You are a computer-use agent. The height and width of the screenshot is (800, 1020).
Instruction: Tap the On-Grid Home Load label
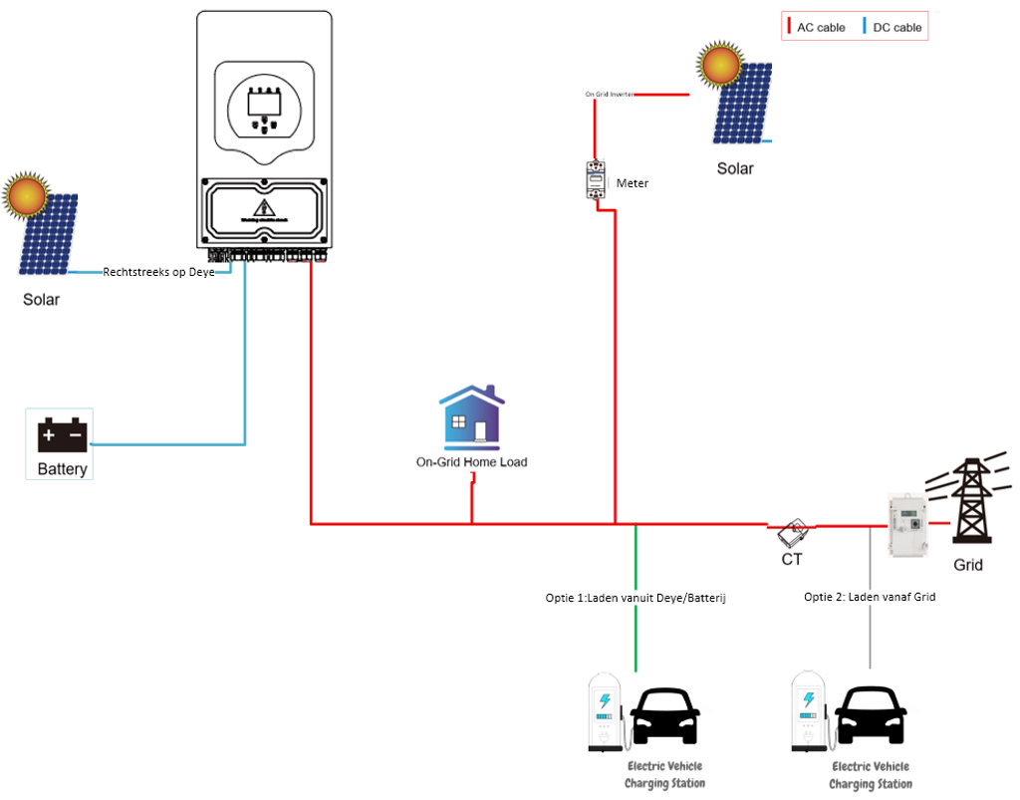[x=471, y=462]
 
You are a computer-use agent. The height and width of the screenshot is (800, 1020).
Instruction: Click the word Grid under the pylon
[x=967, y=565]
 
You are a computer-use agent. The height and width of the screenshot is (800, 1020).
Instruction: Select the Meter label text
[x=633, y=183]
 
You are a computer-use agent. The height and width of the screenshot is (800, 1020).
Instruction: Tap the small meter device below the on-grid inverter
[x=595, y=180]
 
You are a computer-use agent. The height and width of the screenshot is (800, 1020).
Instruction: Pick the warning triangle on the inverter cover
[x=264, y=208]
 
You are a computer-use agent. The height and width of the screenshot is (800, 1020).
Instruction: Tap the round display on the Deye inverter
[x=264, y=105]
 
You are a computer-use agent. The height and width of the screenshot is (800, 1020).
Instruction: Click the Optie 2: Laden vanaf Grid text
[x=870, y=597]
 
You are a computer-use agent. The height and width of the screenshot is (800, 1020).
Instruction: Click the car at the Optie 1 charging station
[x=665, y=715]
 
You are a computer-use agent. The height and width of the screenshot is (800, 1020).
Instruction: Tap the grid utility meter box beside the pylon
[x=907, y=524]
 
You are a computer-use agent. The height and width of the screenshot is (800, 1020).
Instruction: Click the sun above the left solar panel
[x=25, y=196]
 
